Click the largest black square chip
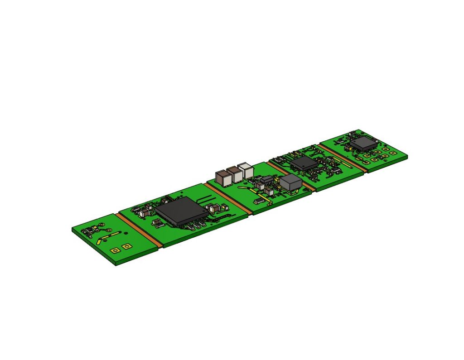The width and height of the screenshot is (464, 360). (x=182, y=211)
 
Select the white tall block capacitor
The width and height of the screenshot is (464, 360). (x=246, y=170)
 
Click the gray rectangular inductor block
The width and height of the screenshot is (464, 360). (x=290, y=183)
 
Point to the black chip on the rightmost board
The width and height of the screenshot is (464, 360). (x=363, y=144)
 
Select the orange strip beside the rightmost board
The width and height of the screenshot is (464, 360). (x=342, y=157)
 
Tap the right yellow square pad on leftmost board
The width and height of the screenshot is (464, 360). (x=126, y=246)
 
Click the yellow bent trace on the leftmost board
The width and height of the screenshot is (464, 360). (x=109, y=237)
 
